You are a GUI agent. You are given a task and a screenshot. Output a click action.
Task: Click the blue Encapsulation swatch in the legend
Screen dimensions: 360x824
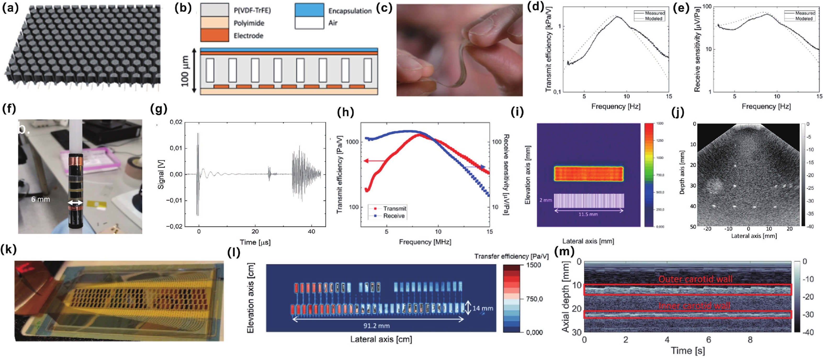click(309, 10)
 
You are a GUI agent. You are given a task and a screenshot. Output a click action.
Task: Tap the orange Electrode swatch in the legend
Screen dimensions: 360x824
click(214, 35)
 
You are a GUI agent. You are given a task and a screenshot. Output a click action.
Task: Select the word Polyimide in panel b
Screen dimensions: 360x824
click(249, 23)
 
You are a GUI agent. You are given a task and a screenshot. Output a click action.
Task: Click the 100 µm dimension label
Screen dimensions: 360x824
click(185, 71)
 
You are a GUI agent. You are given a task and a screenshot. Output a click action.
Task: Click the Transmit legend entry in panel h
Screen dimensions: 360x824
click(394, 208)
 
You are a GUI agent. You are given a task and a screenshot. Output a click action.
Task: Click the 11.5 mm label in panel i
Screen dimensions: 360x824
click(588, 214)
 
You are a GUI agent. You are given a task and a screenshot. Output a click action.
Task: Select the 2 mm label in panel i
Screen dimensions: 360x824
click(546, 200)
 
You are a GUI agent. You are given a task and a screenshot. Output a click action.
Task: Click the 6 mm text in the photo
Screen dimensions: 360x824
click(41, 199)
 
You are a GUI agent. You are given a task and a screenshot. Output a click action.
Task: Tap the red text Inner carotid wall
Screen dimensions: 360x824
click(694, 306)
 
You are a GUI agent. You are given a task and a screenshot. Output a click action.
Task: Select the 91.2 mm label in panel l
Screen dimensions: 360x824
click(376, 326)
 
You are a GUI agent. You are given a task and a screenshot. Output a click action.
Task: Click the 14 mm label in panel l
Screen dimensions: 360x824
click(483, 308)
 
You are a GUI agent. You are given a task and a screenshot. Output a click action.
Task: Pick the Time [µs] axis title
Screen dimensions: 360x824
click(255, 242)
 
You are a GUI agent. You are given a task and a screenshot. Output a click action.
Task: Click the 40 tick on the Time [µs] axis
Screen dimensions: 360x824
click(311, 231)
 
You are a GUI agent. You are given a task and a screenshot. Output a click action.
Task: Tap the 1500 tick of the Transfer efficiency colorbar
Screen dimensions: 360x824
click(533, 265)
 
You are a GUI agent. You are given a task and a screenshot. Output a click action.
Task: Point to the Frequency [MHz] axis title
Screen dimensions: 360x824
click(425, 242)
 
